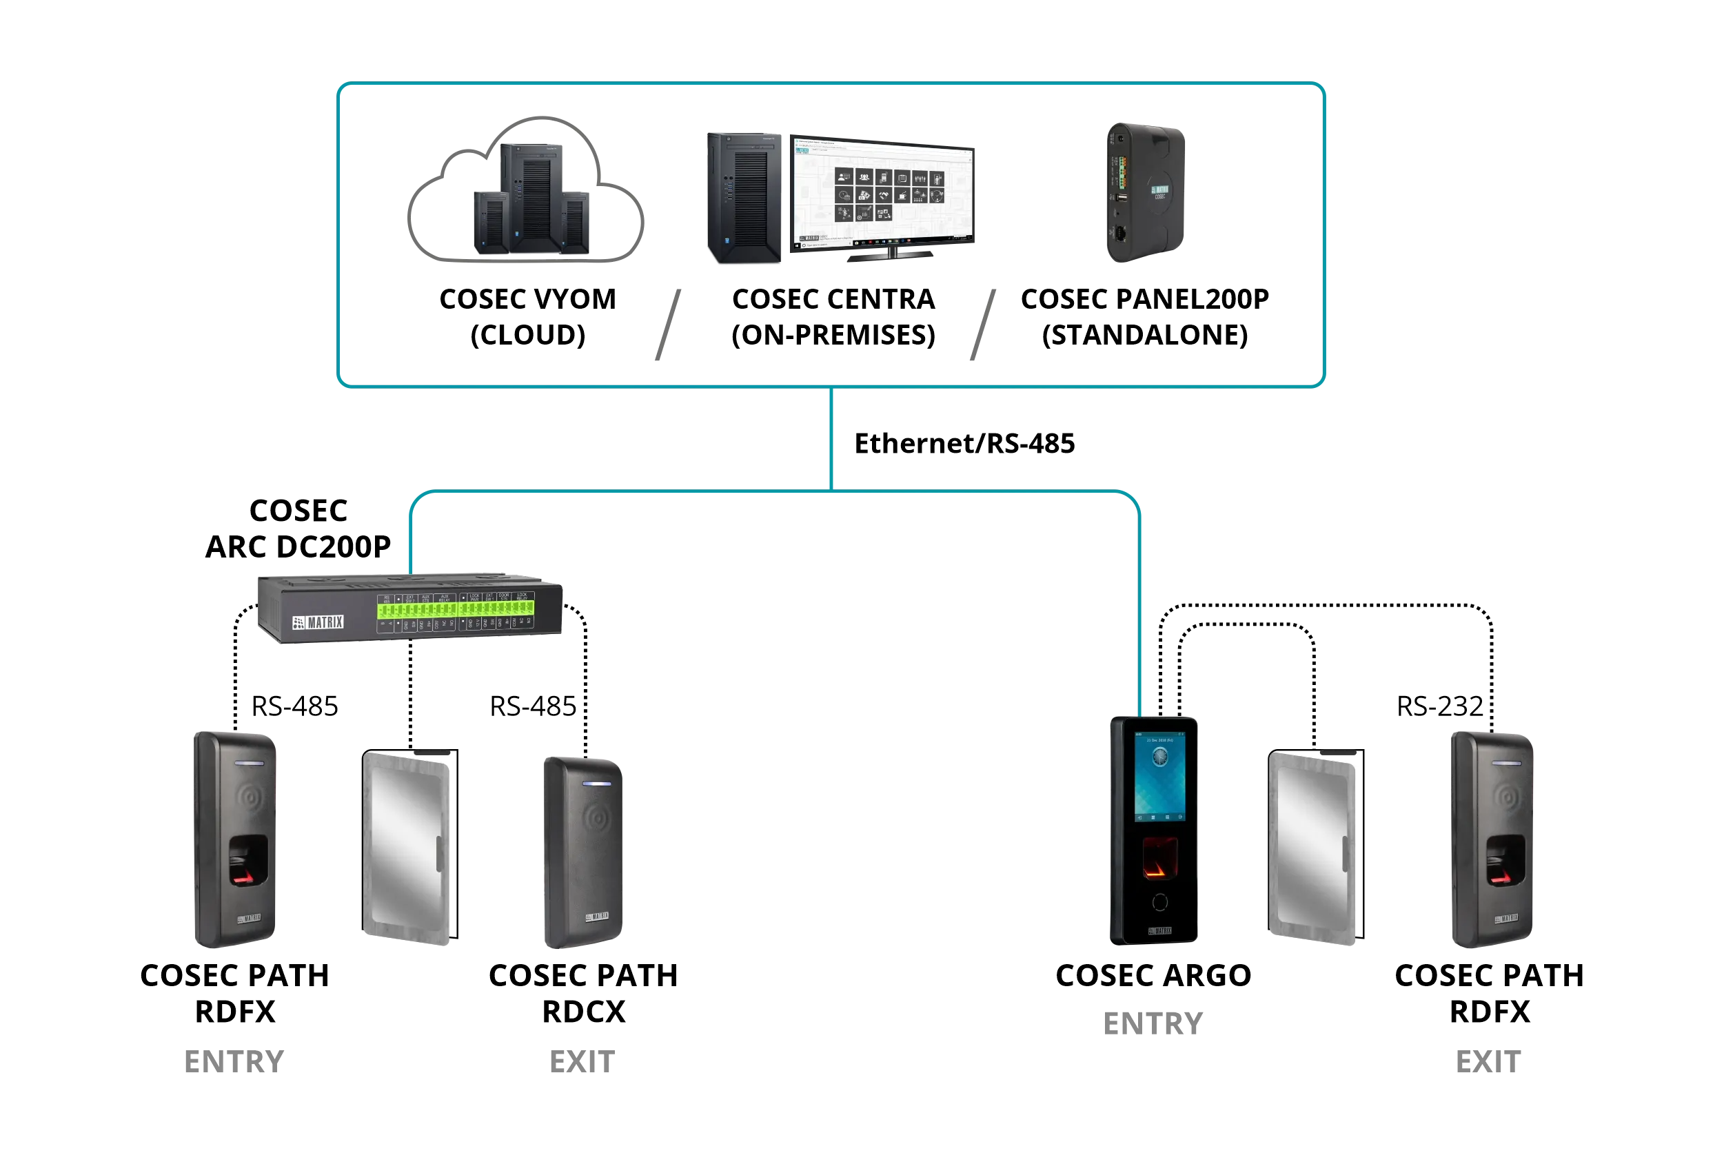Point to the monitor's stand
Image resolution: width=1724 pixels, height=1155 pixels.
(891, 254)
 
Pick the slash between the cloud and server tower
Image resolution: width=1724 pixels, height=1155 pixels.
(667, 324)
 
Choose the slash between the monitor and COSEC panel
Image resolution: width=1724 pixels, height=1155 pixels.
(983, 324)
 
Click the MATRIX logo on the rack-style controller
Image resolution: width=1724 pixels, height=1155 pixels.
(318, 622)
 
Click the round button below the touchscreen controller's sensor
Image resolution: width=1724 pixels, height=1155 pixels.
(1159, 901)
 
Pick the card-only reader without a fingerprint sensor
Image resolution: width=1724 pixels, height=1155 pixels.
(582, 852)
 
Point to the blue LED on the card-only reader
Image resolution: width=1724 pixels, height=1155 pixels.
(597, 783)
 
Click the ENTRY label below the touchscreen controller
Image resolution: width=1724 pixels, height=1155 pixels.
(1153, 1024)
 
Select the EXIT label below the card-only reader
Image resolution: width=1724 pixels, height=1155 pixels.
(582, 1062)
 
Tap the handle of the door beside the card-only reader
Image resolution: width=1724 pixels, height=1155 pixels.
(440, 855)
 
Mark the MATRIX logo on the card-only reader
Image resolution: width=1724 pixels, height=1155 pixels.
(597, 917)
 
